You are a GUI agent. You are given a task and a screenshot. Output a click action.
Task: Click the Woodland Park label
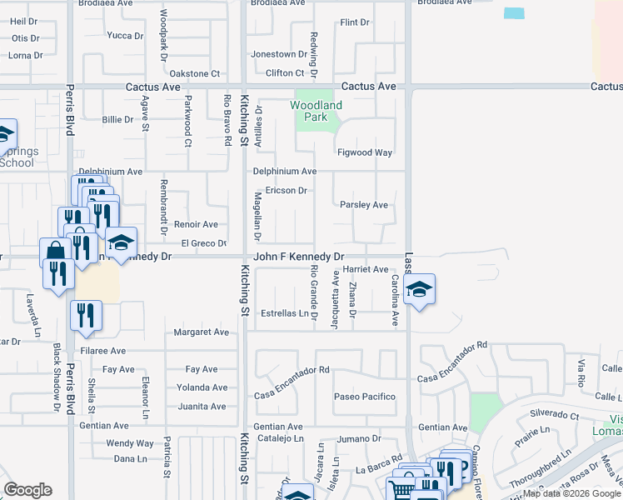point(316,112)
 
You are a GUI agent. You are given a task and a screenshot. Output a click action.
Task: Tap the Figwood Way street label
point(364,152)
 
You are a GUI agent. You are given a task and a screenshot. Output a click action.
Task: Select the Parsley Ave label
point(364,204)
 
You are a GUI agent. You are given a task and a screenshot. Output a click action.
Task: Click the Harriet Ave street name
point(366,269)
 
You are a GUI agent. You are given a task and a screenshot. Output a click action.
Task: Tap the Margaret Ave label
point(201,332)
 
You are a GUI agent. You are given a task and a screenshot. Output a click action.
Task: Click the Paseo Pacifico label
point(364,396)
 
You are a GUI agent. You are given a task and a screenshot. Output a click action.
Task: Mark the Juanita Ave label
point(202,407)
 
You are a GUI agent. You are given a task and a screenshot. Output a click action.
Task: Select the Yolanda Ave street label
point(202,387)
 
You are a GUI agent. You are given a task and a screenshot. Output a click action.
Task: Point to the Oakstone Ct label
point(194,73)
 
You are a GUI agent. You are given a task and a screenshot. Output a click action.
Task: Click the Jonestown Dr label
point(273,54)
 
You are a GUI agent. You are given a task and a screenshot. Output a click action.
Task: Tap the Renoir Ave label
point(196,224)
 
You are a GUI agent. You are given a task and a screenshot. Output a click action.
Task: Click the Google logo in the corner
point(27,490)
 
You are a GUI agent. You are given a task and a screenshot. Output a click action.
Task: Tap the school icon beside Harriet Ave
point(419,290)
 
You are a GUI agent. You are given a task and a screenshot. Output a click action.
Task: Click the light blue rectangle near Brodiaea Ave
point(515,13)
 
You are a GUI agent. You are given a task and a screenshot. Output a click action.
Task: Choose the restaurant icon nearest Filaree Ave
point(86,314)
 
